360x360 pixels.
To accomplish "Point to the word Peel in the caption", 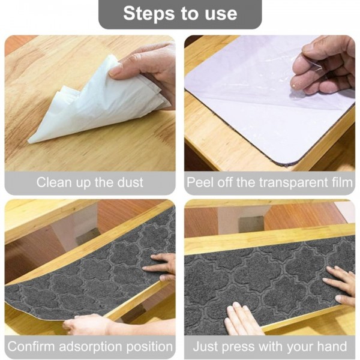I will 199,182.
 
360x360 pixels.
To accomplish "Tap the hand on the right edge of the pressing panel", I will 341,282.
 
